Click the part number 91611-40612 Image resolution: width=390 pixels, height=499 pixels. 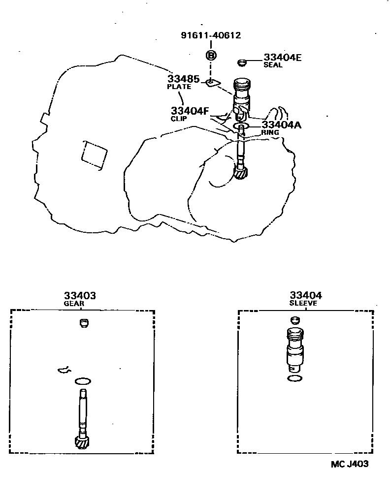point(211,35)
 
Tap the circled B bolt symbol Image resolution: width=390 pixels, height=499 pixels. point(211,55)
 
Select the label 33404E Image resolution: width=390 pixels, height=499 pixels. point(282,58)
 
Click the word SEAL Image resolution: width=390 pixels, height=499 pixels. point(273,65)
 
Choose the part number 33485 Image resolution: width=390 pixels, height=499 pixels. point(183,79)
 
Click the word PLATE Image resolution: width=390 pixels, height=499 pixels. point(179,87)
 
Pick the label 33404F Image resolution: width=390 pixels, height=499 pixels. point(190,111)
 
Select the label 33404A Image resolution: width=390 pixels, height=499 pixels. point(282,125)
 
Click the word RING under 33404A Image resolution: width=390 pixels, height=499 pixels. point(270,132)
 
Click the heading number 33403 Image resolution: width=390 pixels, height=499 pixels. point(79,296)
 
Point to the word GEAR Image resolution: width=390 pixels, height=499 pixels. point(74,304)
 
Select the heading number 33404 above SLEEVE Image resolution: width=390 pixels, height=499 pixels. point(305,295)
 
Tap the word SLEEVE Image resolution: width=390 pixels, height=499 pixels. point(303,303)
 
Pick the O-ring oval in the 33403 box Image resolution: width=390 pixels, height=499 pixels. point(83,381)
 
